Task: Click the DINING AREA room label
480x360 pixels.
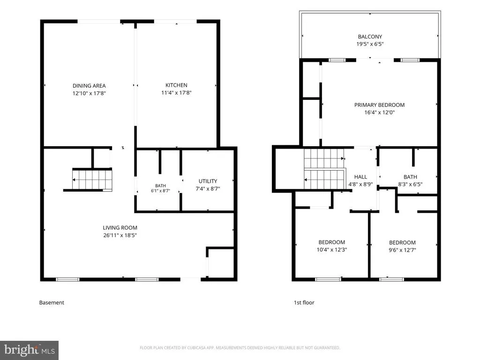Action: coord(89,86)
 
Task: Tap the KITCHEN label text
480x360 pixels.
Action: coord(176,85)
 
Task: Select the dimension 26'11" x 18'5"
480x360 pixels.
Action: coord(120,235)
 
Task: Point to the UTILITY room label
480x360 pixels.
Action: coord(208,181)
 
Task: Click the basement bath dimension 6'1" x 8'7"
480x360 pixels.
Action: coord(160,191)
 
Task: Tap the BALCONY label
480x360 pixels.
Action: coord(370,37)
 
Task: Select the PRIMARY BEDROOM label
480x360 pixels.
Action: coord(380,105)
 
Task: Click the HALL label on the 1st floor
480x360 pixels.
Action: coord(360,177)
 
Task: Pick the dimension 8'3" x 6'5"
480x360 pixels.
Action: coord(410,184)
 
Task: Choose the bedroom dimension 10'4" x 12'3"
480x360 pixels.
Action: coord(332,249)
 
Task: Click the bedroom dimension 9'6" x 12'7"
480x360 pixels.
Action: coord(402,250)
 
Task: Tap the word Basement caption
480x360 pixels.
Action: coord(52,302)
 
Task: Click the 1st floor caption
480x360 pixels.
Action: coord(304,302)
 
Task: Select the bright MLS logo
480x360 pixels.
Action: coord(30,350)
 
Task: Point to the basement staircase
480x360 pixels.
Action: coord(92,180)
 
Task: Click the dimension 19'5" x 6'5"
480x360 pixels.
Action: coord(370,44)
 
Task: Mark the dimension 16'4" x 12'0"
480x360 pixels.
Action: coord(380,112)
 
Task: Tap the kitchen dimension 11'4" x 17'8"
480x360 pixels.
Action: coord(176,92)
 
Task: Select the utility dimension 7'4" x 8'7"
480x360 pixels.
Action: coord(208,188)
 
